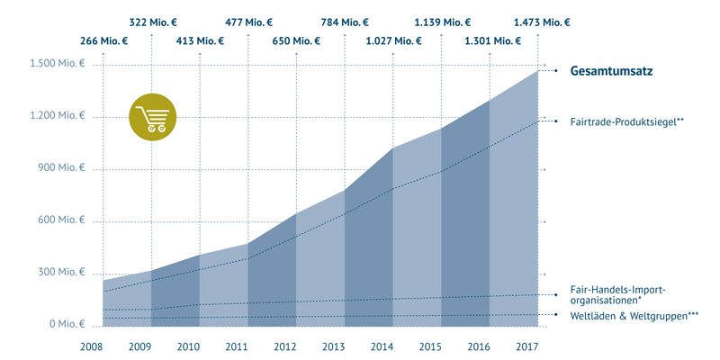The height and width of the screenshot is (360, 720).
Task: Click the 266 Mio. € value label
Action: (x=103, y=40)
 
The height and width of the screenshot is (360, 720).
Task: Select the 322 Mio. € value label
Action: (x=152, y=22)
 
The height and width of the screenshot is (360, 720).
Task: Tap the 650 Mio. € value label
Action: (x=297, y=40)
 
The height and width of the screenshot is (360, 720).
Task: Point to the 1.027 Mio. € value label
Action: (x=393, y=40)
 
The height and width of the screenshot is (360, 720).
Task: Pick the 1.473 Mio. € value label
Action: (x=541, y=22)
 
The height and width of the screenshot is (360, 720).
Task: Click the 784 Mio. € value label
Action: (x=346, y=22)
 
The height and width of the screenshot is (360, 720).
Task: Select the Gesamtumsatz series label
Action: (x=610, y=72)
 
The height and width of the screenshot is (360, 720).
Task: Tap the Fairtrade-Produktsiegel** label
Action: (x=621, y=121)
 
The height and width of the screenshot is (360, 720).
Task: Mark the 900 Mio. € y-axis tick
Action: (x=58, y=169)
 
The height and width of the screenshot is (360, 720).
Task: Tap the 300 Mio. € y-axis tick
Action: (x=58, y=273)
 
